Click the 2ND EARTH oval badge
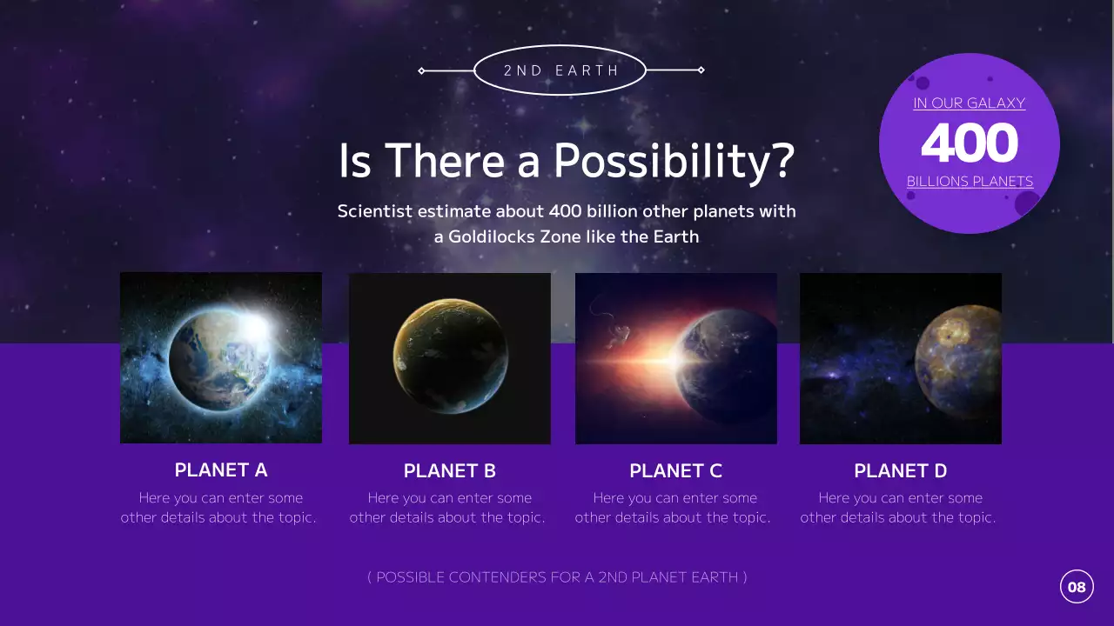tap(560, 70)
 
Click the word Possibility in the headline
tap(674, 161)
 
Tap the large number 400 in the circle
tap(969, 143)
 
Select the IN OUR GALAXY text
tap(969, 103)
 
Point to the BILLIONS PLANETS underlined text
tap(970, 182)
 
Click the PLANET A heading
tap(221, 470)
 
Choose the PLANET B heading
tap(449, 471)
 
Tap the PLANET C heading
tap(675, 471)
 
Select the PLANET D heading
tap(900, 471)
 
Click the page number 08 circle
tap(1077, 587)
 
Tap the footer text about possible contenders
tap(557, 577)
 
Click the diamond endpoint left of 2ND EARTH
tap(422, 70)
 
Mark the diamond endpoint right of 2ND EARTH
tap(701, 70)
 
